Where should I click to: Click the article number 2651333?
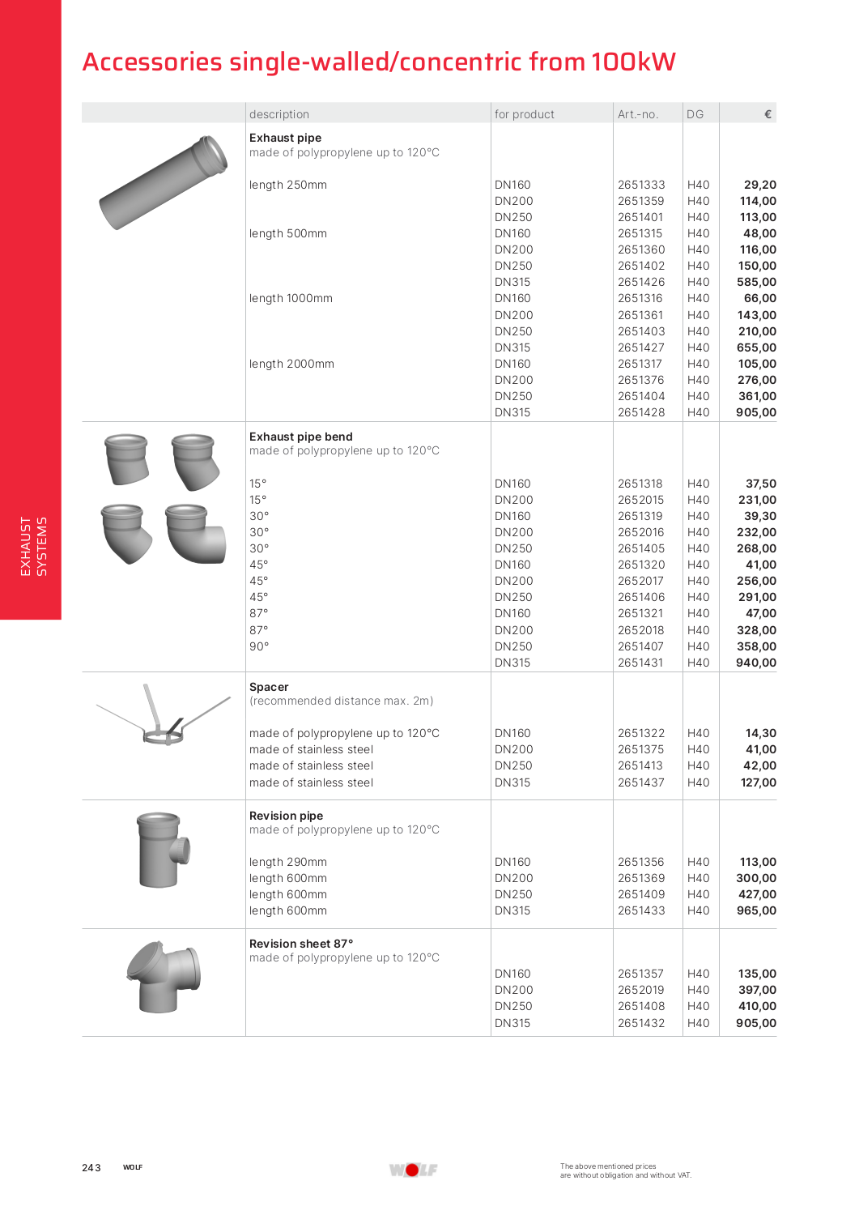click(640, 185)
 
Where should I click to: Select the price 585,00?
click(756, 282)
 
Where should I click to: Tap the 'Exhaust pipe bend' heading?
click(300, 437)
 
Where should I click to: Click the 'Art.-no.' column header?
click(638, 114)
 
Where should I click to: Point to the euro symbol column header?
click(768, 114)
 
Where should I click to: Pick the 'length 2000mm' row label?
click(291, 364)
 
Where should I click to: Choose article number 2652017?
click(640, 581)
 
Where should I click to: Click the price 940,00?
click(756, 663)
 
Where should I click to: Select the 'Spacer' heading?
click(269, 687)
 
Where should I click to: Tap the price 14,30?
click(760, 733)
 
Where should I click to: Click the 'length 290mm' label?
click(288, 862)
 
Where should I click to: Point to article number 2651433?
click(640, 910)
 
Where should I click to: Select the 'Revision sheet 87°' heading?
click(301, 944)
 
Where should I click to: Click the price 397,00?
click(757, 990)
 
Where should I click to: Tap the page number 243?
click(91, 1167)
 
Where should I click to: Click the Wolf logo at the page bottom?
click(413, 1170)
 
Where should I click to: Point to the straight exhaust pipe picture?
click(164, 182)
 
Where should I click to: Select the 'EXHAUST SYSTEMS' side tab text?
click(34, 547)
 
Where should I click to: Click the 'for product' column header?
click(525, 114)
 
